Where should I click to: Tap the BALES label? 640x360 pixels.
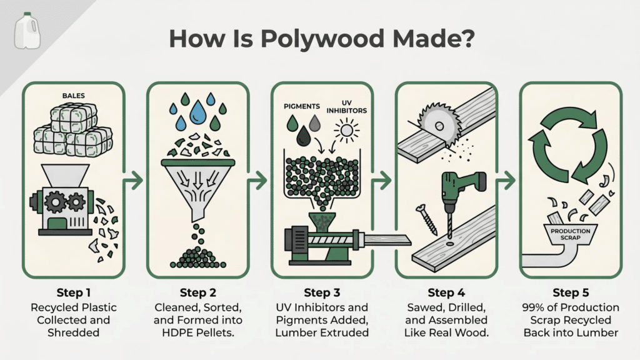point(74,96)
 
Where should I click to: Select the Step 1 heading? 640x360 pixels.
point(74,292)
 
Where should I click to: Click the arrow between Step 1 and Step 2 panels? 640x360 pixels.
point(134,181)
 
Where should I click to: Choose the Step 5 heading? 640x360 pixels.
point(570,292)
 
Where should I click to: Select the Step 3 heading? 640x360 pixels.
point(322,292)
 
